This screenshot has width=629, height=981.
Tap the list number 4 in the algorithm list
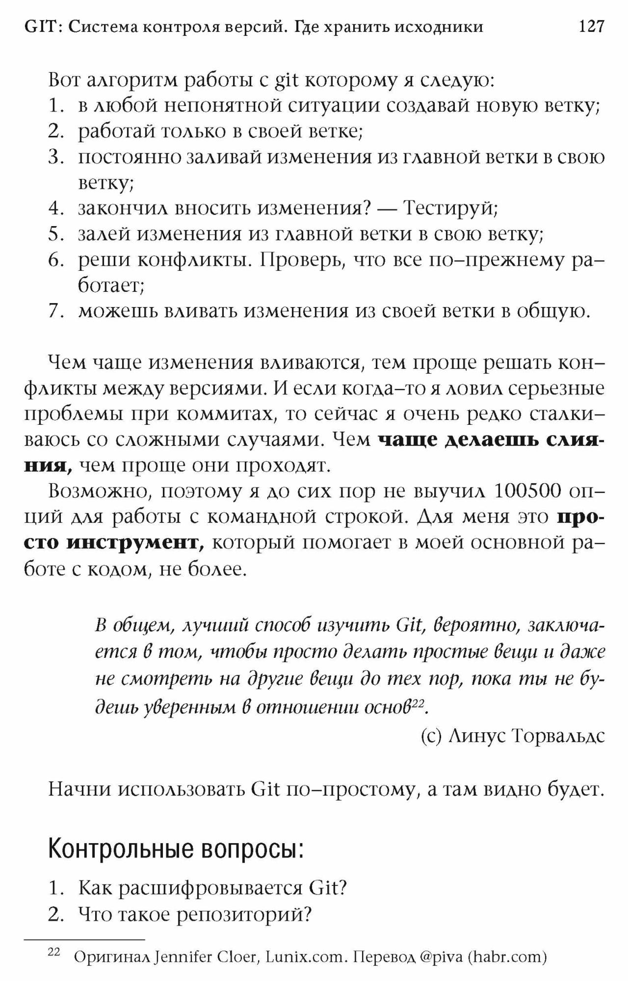[56, 208]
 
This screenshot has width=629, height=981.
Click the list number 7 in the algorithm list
[56, 311]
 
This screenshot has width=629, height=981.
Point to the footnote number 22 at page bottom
[53, 953]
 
